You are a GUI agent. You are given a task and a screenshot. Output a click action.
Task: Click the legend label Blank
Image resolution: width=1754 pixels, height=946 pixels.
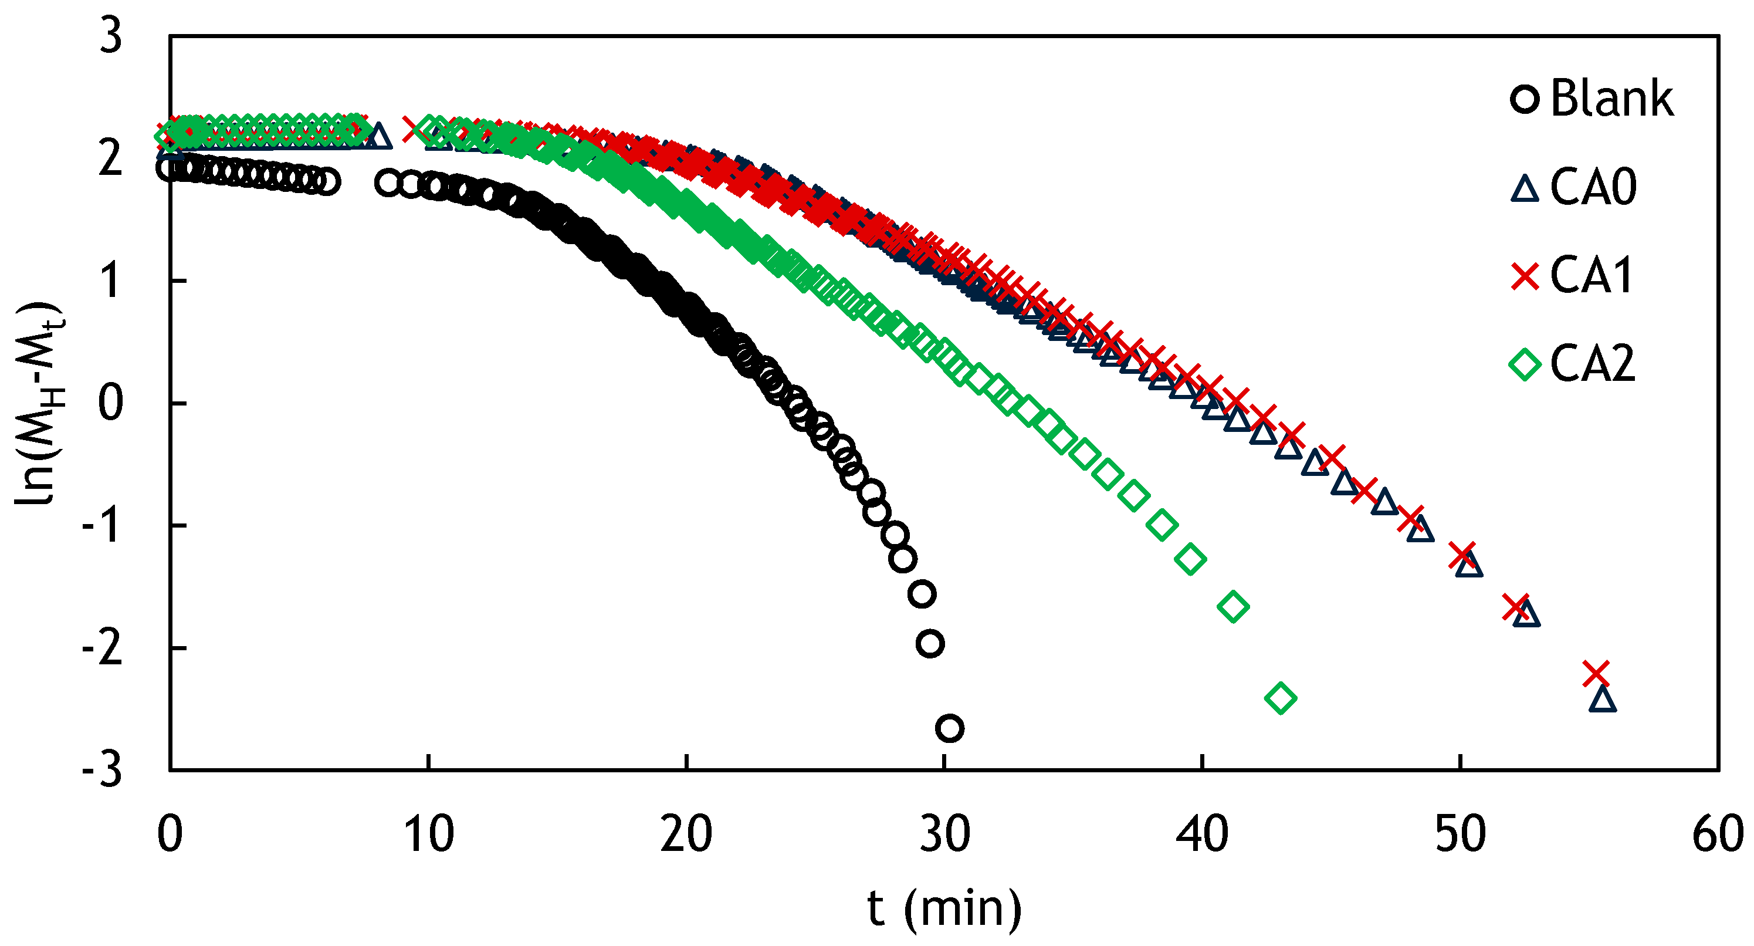tap(1611, 99)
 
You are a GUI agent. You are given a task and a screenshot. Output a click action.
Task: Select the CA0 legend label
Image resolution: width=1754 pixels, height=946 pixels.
tap(1593, 187)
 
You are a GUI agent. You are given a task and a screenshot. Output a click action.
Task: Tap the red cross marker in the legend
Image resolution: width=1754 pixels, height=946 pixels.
tap(1525, 276)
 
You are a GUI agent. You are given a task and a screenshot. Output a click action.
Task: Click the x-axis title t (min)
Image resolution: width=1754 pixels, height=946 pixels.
tap(944, 909)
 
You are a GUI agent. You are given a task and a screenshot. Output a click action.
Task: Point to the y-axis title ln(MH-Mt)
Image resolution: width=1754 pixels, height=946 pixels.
tap(38, 403)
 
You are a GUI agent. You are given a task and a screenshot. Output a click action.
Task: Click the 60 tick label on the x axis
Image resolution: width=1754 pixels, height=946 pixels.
tap(1717, 834)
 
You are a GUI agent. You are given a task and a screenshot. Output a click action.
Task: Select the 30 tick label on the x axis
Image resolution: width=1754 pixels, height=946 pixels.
tap(944, 834)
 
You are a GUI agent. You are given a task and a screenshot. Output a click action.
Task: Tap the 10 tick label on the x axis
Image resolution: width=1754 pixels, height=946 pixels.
tap(428, 834)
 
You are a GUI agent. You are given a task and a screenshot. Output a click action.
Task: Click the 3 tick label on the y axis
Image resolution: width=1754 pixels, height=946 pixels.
tap(111, 35)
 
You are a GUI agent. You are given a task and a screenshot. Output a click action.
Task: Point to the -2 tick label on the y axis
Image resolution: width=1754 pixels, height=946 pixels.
tap(102, 648)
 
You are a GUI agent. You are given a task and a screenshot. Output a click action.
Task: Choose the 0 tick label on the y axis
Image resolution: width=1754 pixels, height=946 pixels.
tap(111, 403)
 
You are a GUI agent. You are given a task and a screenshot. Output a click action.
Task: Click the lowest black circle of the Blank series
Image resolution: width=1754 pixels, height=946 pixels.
tap(950, 729)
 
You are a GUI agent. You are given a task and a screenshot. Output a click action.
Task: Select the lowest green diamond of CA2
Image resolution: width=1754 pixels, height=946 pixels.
tap(1281, 698)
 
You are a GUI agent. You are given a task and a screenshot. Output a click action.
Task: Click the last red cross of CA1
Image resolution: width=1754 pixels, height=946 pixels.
tap(1597, 674)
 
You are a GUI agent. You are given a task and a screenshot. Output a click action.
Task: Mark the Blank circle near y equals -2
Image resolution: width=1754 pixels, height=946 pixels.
tap(931, 644)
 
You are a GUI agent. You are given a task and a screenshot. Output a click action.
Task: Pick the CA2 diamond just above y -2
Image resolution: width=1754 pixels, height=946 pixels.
tap(1233, 606)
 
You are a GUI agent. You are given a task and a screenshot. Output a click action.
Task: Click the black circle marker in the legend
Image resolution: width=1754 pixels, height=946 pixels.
tap(1525, 99)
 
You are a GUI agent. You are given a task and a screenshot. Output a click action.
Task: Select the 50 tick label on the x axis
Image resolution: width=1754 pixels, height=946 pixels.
tap(1460, 834)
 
